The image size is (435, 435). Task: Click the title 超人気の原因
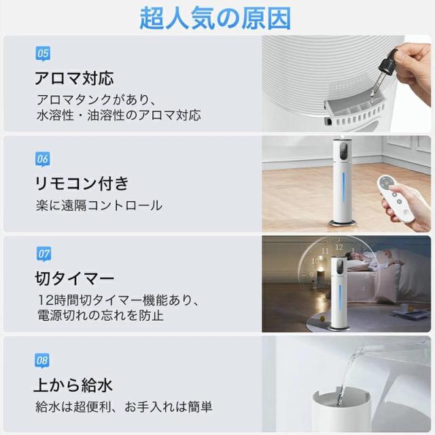(x=215, y=18)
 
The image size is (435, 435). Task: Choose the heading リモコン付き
(x=81, y=184)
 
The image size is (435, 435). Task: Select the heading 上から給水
(x=73, y=385)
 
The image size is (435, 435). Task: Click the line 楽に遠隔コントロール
(x=99, y=205)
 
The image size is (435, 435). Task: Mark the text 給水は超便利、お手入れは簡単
(x=124, y=407)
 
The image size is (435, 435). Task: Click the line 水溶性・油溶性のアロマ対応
(x=118, y=115)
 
